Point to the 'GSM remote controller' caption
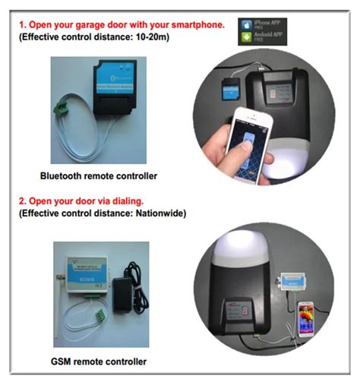99,361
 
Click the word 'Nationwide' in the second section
157,214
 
